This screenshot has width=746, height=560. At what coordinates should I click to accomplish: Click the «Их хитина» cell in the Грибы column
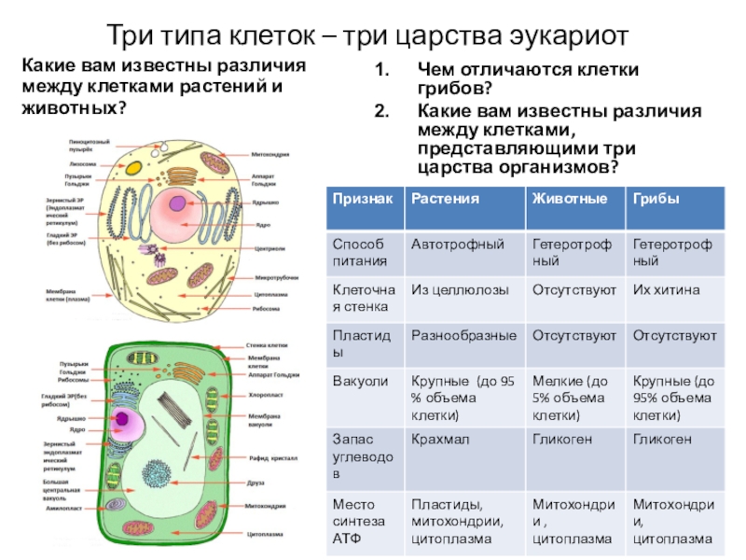pyautogui.click(x=666, y=290)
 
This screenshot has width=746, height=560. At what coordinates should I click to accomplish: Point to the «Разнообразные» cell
pyautogui.click(x=464, y=335)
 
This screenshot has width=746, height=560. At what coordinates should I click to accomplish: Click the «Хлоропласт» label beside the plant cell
pyautogui.click(x=266, y=396)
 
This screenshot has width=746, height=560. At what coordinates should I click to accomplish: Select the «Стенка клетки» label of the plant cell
pyautogui.click(x=266, y=344)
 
